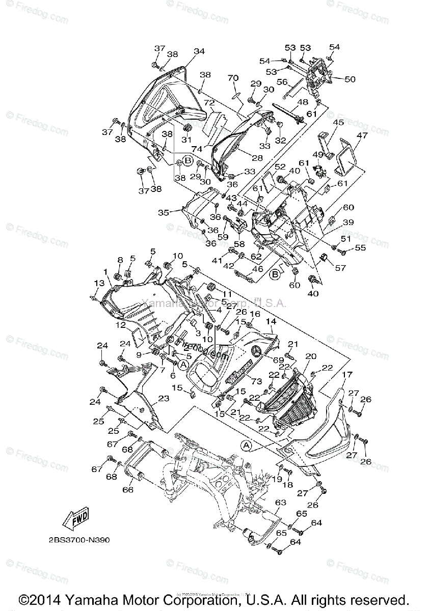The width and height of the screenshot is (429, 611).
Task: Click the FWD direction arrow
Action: coord(75,520)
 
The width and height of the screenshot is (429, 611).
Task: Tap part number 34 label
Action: coord(199,51)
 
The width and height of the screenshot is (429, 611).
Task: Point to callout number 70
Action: coord(233,78)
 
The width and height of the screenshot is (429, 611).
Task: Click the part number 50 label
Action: coord(350,79)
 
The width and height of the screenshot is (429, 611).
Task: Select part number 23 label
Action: coord(164,399)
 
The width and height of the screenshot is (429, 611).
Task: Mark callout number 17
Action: coord(347,374)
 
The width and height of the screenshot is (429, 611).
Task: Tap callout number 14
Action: coord(270,322)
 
